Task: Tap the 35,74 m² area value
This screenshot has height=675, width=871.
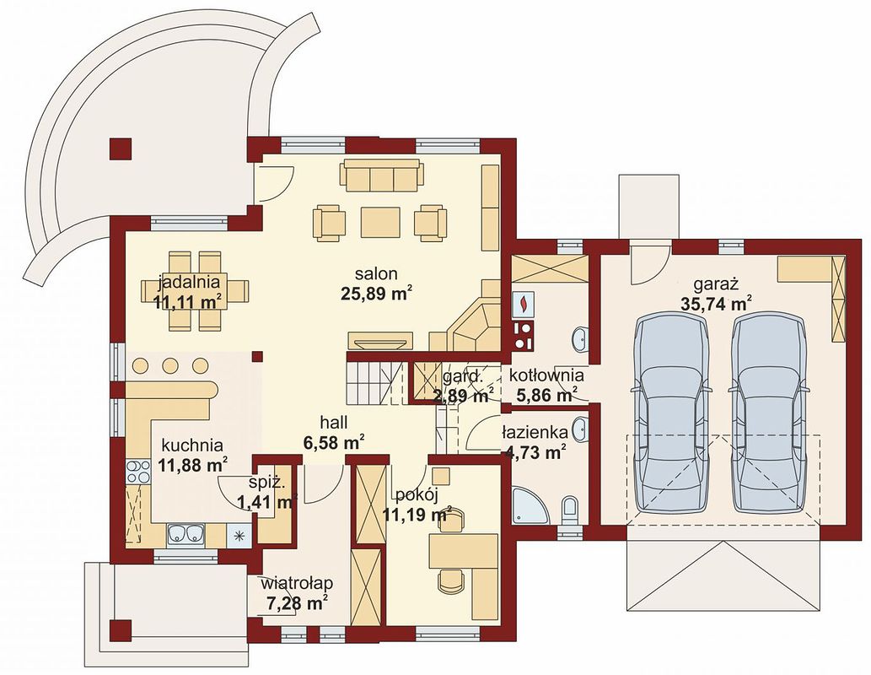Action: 718,304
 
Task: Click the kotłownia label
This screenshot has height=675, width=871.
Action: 545,375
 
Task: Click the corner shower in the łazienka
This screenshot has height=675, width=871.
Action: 528,505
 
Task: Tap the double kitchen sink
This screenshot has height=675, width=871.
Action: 185,533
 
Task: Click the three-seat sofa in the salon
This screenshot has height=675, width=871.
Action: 380,176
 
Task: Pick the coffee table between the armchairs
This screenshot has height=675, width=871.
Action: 379,221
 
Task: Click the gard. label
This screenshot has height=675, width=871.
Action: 461,376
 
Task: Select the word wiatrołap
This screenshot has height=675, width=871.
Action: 296,583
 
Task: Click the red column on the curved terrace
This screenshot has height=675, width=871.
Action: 121,148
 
